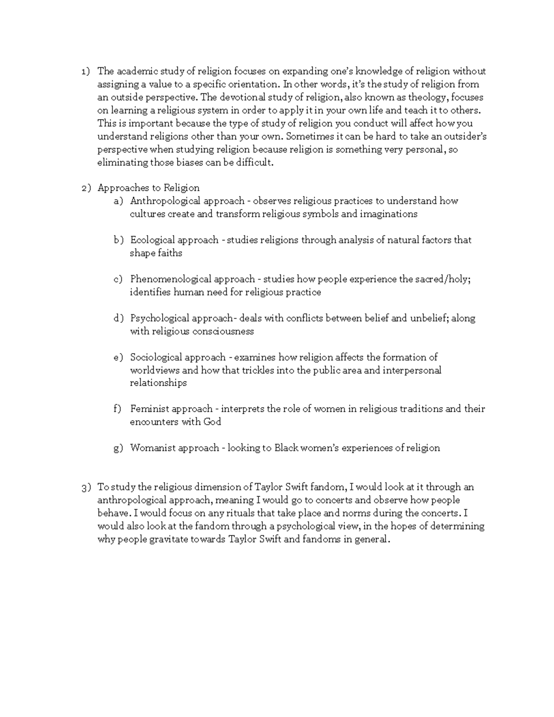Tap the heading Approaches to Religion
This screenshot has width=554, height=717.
tap(149, 188)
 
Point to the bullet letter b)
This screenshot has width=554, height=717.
tap(119, 240)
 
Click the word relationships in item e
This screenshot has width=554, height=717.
tap(158, 383)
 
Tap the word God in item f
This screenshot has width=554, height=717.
tap(212, 422)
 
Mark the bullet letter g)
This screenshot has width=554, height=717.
tap(119, 448)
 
